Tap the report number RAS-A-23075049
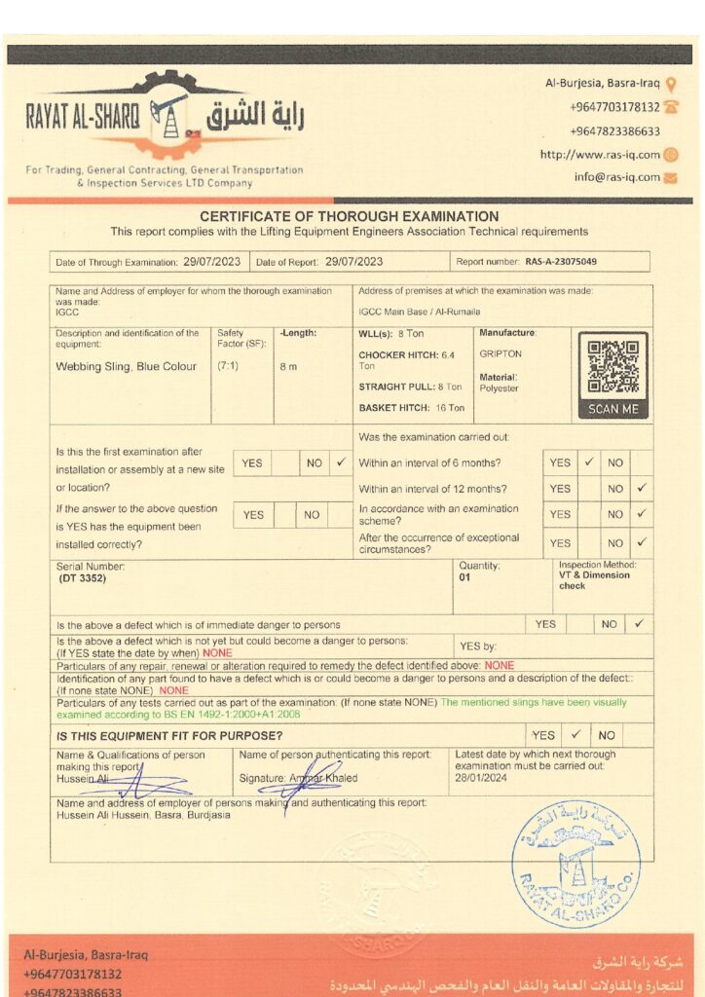point(561,262)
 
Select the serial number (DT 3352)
point(82,578)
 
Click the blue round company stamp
point(575,862)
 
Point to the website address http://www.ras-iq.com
point(600,154)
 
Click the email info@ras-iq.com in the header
point(617,177)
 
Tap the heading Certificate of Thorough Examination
point(349,216)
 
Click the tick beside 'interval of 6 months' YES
point(589,462)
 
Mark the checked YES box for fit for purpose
point(575,735)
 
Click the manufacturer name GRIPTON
point(501,354)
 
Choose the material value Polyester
point(500,388)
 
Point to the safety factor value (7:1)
point(230,367)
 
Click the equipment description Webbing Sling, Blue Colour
point(127,367)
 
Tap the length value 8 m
point(288,367)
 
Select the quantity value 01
point(465,578)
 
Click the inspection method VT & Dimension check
point(594,580)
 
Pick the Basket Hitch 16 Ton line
point(411,408)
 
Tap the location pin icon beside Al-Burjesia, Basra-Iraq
point(671,84)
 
